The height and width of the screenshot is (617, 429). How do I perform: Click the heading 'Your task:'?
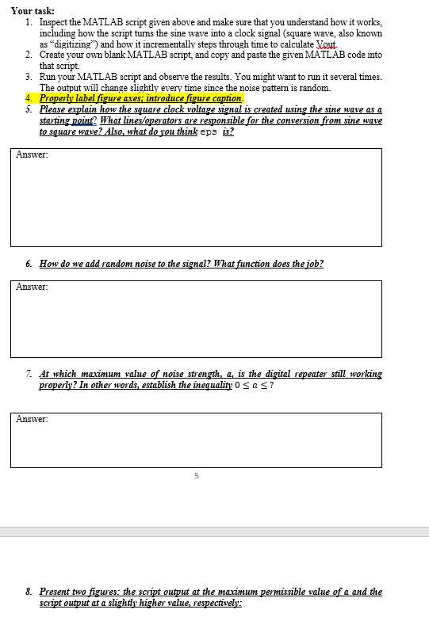[x=32, y=10]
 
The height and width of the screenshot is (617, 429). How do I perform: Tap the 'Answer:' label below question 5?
[x=32, y=154]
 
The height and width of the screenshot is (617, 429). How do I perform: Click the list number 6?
[x=29, y=264]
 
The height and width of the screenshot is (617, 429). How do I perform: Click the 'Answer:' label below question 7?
[x=32, y=419]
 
